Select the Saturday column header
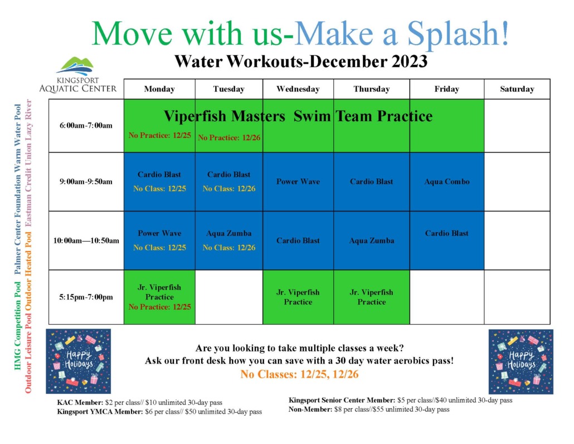(517, 89)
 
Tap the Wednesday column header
(298, 89)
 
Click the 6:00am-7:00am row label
(86, 126)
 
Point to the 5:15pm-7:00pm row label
(86, 297)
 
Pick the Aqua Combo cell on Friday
(446, 181)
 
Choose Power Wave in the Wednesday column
(298, 181)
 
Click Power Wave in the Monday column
(159, 233)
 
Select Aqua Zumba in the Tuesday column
(228, 233)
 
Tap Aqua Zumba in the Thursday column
(372, 240)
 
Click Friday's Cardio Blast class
(446, 233)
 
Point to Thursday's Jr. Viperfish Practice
(372, 297)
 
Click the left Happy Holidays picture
(78, 361)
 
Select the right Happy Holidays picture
(521, 361)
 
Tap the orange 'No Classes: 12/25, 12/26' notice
(299, 374)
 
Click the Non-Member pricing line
(368, 409)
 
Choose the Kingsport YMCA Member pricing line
(159, 412)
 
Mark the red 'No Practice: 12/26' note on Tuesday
(227, 138)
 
